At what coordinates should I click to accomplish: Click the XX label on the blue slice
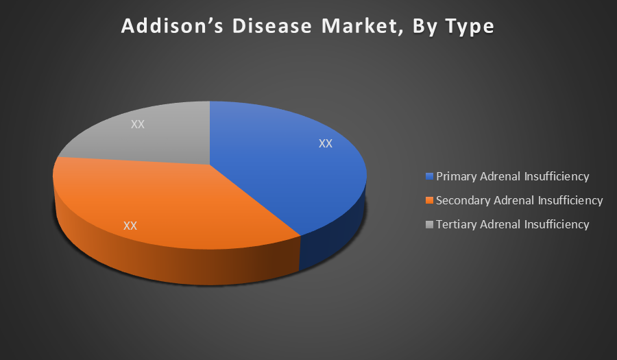coord(326,143)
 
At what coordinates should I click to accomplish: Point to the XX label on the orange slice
coord(130,226)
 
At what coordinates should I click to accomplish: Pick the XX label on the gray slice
coord(138,124)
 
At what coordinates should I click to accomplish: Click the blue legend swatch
coord(429,176)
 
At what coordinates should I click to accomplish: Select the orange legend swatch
coord(429,200)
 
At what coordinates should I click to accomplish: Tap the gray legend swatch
coord(429,224)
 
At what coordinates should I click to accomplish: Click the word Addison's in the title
coord(173,26)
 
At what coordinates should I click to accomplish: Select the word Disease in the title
coord(272,26)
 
